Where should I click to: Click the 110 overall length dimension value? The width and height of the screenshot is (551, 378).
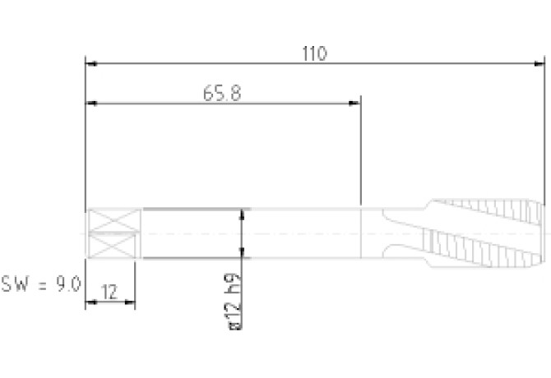click(x=314, y=53)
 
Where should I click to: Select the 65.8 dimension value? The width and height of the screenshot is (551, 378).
click(x=222, y=94)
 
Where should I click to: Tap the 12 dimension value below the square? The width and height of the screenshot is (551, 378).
click(x=109, y=292)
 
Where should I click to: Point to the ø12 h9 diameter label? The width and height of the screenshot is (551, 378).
click(x=234, y=301)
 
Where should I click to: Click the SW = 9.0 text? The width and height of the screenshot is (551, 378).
click(x=41, y=283)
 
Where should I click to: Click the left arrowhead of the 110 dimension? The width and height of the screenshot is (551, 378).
click(x=92, y=63)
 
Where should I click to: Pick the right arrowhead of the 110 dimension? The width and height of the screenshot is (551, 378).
click(x=539, y=63)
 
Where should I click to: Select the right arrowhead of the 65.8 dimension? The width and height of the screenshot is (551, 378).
click(x=354, y=103)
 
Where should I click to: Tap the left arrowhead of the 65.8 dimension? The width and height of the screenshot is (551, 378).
click(x=92, y=103)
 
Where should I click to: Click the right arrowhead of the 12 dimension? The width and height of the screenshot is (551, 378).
click(x=130, y=302)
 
